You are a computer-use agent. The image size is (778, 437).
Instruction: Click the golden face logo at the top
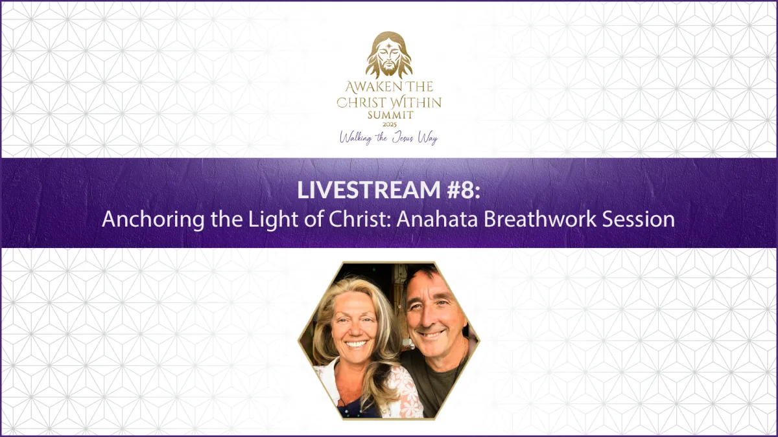click(x=389, y=55)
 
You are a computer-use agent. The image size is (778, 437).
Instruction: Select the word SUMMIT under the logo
click(x=390, y=115)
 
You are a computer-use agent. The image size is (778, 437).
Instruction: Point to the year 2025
click(x=390, y=124)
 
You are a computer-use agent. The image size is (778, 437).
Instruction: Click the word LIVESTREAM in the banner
click(x=368, y=190)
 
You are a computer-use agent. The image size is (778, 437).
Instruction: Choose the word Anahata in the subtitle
click(x=437, y=219)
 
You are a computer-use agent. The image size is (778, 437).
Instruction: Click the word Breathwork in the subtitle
click(x=540, y=219)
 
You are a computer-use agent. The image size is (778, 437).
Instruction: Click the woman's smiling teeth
click(x=356, y=344)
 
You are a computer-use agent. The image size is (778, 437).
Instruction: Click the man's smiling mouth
click(x=431, y=334)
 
